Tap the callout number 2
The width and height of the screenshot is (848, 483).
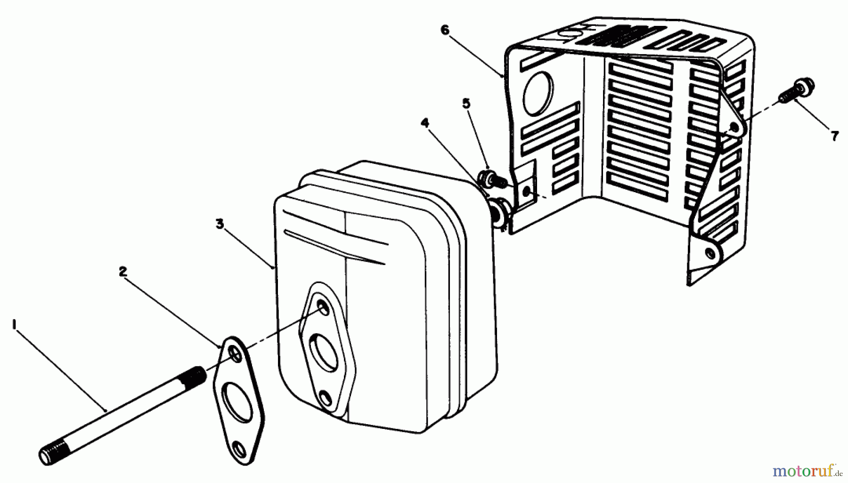point(122,271)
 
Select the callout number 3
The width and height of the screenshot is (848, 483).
point(220,224)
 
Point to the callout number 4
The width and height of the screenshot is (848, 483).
point(425,123)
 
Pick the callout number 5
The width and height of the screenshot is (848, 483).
point(466,104)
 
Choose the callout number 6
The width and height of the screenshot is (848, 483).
point(445,30)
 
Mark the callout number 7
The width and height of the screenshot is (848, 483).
point(834,137)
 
